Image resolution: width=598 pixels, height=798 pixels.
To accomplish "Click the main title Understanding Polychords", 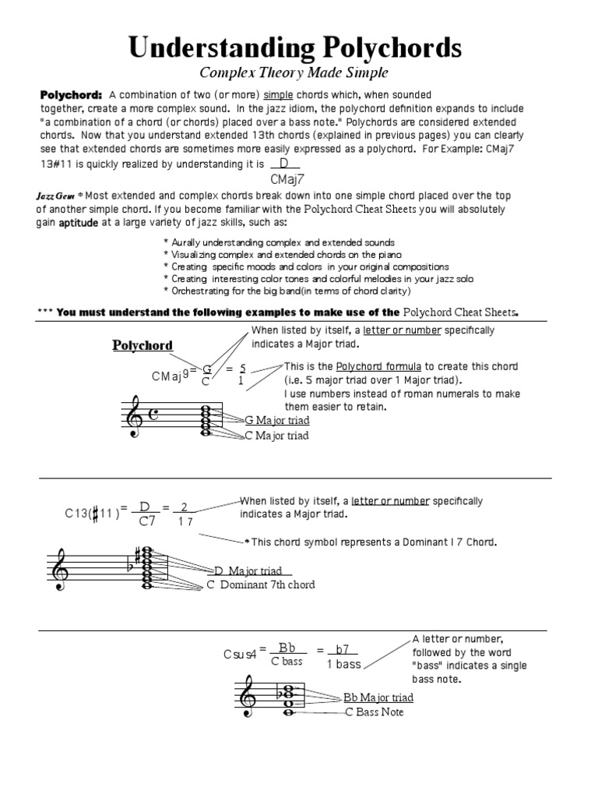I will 295,48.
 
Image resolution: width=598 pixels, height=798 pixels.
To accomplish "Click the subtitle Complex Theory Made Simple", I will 294,73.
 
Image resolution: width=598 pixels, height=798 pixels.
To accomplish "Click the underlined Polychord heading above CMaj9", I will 142,345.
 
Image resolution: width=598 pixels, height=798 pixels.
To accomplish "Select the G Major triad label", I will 277,421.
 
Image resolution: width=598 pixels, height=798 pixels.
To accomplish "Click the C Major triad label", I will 277,436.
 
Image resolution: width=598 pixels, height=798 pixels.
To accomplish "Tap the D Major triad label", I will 248,571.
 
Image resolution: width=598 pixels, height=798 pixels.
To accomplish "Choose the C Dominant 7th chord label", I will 260,584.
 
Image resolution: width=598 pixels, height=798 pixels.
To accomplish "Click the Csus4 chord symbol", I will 241,654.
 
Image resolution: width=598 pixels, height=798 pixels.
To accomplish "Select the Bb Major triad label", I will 378,697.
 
